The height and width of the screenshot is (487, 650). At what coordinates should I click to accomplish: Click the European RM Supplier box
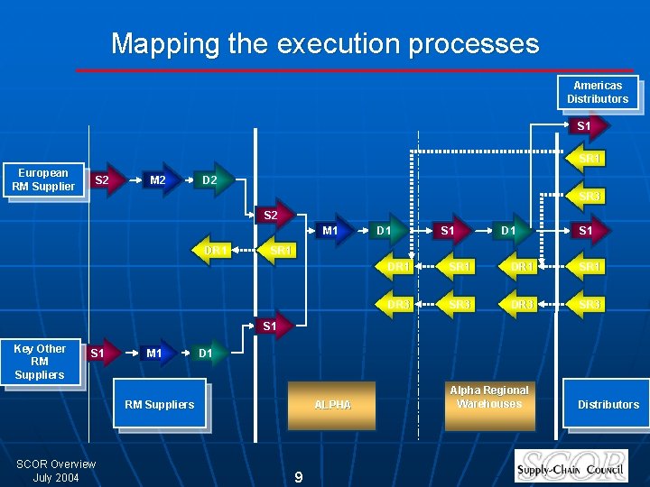point(43,179)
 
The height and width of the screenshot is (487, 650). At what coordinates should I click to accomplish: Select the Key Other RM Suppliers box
point(40,362)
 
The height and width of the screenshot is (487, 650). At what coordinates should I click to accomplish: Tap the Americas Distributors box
point(598,92)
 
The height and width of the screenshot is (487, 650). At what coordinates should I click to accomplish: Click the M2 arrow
point(158,180)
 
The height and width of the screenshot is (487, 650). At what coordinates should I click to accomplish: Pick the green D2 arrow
point(209,180)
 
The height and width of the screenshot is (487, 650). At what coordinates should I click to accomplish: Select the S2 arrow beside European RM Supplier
point(103,180)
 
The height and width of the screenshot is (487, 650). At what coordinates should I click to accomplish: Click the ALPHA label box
point(332,405)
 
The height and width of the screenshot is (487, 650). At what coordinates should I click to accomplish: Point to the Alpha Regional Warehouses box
point(489,398)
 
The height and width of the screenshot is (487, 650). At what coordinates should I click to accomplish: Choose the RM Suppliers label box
point(159,405)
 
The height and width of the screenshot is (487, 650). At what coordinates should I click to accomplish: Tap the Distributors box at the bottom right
point(608,405)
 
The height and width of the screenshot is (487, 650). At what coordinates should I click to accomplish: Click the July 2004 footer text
point(56,477)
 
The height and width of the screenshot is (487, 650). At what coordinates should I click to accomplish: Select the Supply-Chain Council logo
point(571,465)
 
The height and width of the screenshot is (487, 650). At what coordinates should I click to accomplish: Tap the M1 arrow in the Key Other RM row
point(154,354)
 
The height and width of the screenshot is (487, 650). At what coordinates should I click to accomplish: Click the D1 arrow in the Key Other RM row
point(206,354)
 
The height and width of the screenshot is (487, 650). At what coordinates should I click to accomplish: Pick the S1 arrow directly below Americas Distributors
point(584,125)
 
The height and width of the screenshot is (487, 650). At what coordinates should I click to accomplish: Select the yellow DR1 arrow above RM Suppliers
point(216,249)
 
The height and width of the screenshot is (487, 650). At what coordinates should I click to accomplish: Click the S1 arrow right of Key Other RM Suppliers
point(98,354)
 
